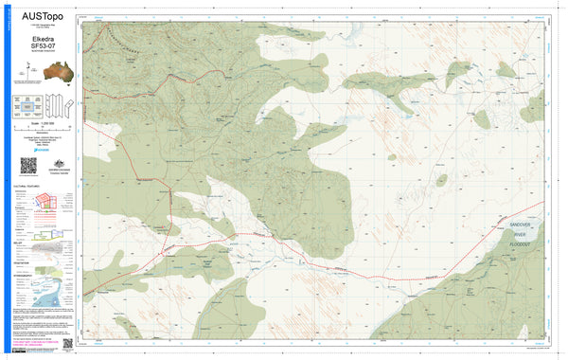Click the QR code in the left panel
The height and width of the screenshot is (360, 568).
28,165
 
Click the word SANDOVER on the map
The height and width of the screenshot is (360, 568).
522,224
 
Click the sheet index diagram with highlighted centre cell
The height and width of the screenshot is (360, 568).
29,106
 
